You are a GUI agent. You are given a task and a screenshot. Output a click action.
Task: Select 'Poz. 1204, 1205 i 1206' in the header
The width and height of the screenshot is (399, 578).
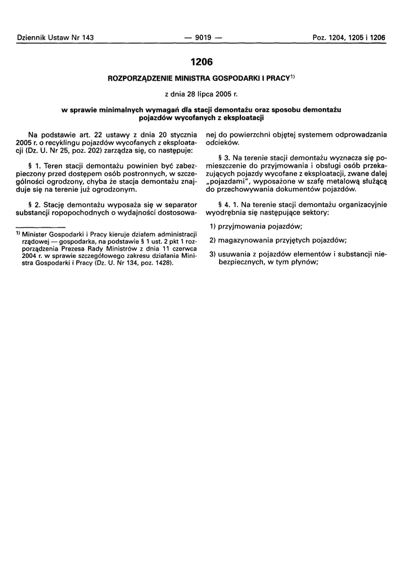[349, 38]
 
